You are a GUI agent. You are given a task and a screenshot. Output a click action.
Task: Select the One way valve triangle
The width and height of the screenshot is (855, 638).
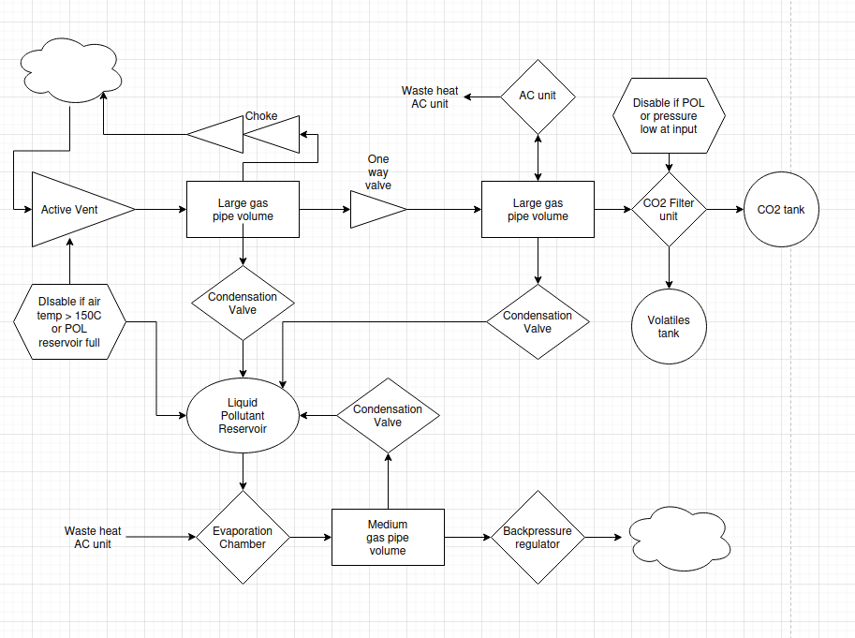point(375,210)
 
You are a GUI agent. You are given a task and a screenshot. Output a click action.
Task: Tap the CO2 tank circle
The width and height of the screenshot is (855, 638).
point(781,210)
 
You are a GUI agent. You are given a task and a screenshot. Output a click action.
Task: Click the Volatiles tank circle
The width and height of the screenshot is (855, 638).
point(669,327)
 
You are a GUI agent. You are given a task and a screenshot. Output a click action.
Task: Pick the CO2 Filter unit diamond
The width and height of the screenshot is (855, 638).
point(668,210)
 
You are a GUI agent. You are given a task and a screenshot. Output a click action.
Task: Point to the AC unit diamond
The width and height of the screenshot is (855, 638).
point(538,96)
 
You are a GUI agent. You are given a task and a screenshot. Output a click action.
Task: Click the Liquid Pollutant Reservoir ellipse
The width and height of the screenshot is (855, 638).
point(243,416)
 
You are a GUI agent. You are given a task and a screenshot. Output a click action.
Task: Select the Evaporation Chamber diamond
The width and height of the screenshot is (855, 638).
point(243,538)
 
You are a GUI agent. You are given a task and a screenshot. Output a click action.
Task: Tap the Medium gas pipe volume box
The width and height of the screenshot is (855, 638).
point(388,538)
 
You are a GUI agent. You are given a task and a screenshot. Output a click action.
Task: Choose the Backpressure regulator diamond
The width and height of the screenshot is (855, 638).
point(538,538)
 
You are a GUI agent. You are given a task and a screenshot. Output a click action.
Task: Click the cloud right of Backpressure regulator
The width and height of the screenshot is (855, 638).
point(677,538)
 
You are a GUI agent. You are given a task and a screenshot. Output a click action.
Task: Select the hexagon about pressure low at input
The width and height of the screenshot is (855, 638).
point(669,116)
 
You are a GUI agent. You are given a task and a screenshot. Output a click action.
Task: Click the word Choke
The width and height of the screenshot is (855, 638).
point(261,116)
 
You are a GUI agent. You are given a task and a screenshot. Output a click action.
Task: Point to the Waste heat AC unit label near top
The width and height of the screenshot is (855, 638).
point(430,97)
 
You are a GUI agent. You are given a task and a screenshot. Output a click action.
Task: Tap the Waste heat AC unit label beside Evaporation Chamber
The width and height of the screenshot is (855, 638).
point(93,538)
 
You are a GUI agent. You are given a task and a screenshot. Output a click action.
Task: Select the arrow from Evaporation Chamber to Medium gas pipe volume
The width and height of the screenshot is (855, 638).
point(311,538)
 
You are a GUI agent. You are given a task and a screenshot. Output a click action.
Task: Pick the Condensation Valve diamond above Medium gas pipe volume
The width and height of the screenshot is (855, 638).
point(388,416)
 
